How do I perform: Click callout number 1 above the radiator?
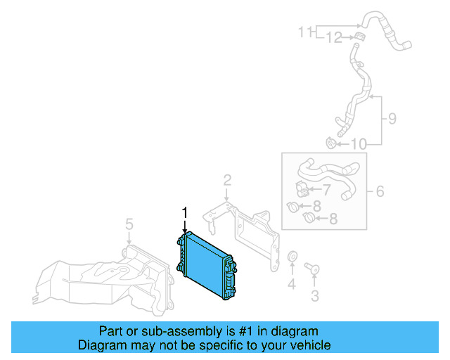186,213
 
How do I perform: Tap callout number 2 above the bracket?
227,181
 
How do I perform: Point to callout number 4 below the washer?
291,284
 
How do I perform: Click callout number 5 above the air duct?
129,224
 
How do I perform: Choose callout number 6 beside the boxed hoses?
380,191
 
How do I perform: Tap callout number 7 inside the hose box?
326,189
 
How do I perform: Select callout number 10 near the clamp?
359,145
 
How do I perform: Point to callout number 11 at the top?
304,32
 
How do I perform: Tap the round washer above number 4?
292,257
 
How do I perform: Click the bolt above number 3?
311,268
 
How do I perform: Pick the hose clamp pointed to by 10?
330,143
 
